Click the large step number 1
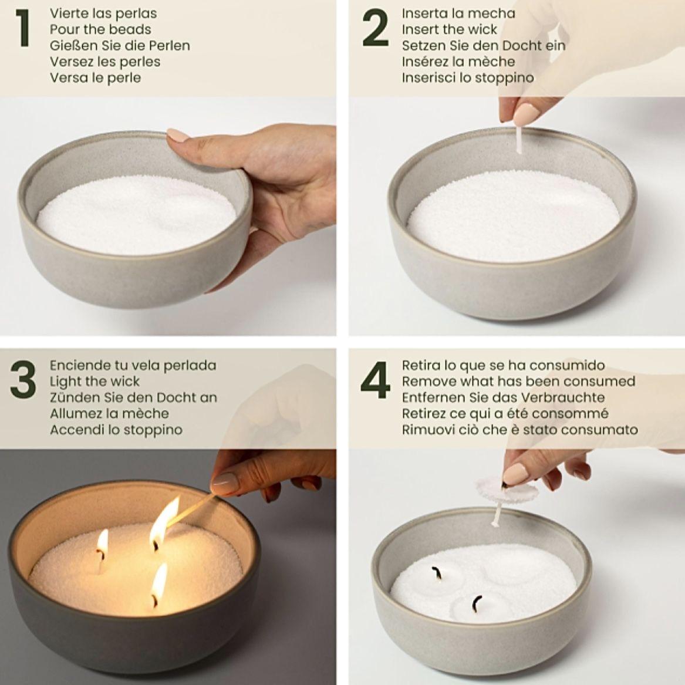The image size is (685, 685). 23,28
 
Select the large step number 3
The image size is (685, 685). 23,380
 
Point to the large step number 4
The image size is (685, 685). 375,380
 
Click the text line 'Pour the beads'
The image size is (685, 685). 100,29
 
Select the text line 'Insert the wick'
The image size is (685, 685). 449,29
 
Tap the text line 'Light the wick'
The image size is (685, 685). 95,382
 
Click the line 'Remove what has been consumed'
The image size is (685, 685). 518,382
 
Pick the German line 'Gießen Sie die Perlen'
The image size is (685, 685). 120,45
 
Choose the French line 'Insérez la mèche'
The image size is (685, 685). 458,62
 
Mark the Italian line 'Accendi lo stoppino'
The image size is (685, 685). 116,430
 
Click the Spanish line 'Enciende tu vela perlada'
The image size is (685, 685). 133,365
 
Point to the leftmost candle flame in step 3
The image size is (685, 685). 103,541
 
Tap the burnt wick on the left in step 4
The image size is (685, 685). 437,572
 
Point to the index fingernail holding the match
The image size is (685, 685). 224,482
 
